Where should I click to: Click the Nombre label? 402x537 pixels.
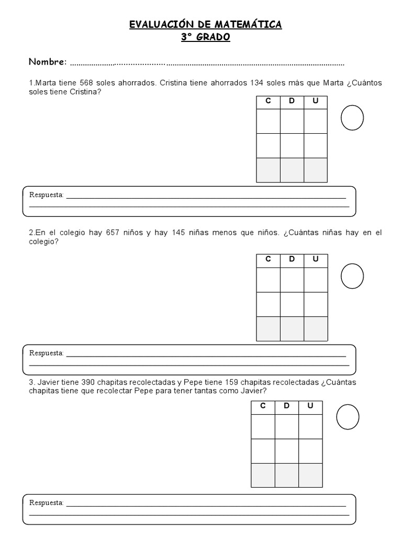[x=48, y=62]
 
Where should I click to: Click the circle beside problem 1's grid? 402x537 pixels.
[x=352, y=117]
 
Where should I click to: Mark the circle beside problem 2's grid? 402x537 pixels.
[x=352, y=275]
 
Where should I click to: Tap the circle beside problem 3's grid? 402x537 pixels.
[x=348, y=417]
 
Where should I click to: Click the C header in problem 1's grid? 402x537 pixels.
[x=268, y=101]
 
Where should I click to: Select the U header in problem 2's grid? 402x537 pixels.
[x=316, y=259]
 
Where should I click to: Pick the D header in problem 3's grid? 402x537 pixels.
[x=286, y=406]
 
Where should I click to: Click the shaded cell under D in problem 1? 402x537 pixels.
[x=292, y=170]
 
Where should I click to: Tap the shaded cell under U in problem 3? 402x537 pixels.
[x=310, y=475]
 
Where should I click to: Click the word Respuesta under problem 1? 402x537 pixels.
[x=46, y=195]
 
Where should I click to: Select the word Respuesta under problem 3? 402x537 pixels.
[x=46, y=503]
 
